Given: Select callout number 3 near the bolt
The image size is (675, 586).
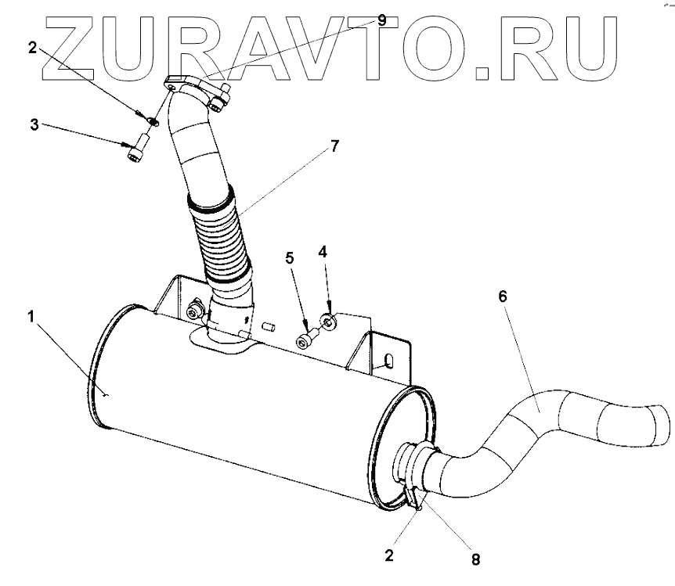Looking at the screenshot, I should point(34,124).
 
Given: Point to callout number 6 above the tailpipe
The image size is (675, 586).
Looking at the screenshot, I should point(503,296).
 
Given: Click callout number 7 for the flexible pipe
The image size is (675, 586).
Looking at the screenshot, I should point(334,146).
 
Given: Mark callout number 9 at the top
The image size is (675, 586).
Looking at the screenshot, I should point(382,20).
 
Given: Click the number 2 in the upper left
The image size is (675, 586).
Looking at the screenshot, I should point(32,47).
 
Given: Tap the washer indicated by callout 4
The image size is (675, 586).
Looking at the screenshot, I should point(329,319).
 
